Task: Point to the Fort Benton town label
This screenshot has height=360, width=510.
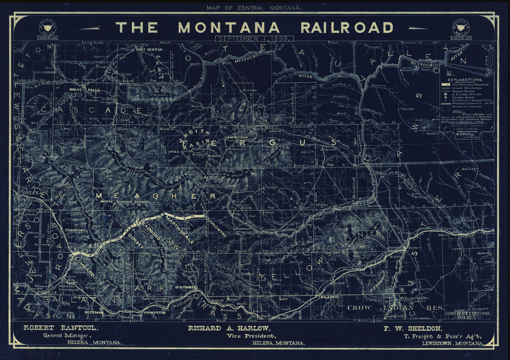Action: point(148,50)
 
